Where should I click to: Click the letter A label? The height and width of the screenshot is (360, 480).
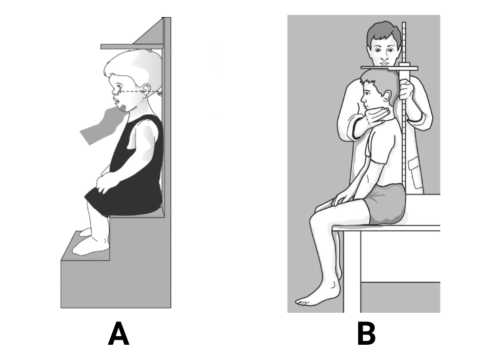pyautogui.click(x=118, y=334)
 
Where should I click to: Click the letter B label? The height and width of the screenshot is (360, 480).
pyautogui.click(x=366, y=334)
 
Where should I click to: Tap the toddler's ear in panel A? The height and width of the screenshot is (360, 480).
pyautogui.click(x=146, y=90)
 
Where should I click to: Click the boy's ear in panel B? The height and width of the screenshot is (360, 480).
pyautogui.click(x=387, y=96)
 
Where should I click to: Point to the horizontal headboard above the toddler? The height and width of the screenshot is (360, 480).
pyautogui.click(x=132, y=47)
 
